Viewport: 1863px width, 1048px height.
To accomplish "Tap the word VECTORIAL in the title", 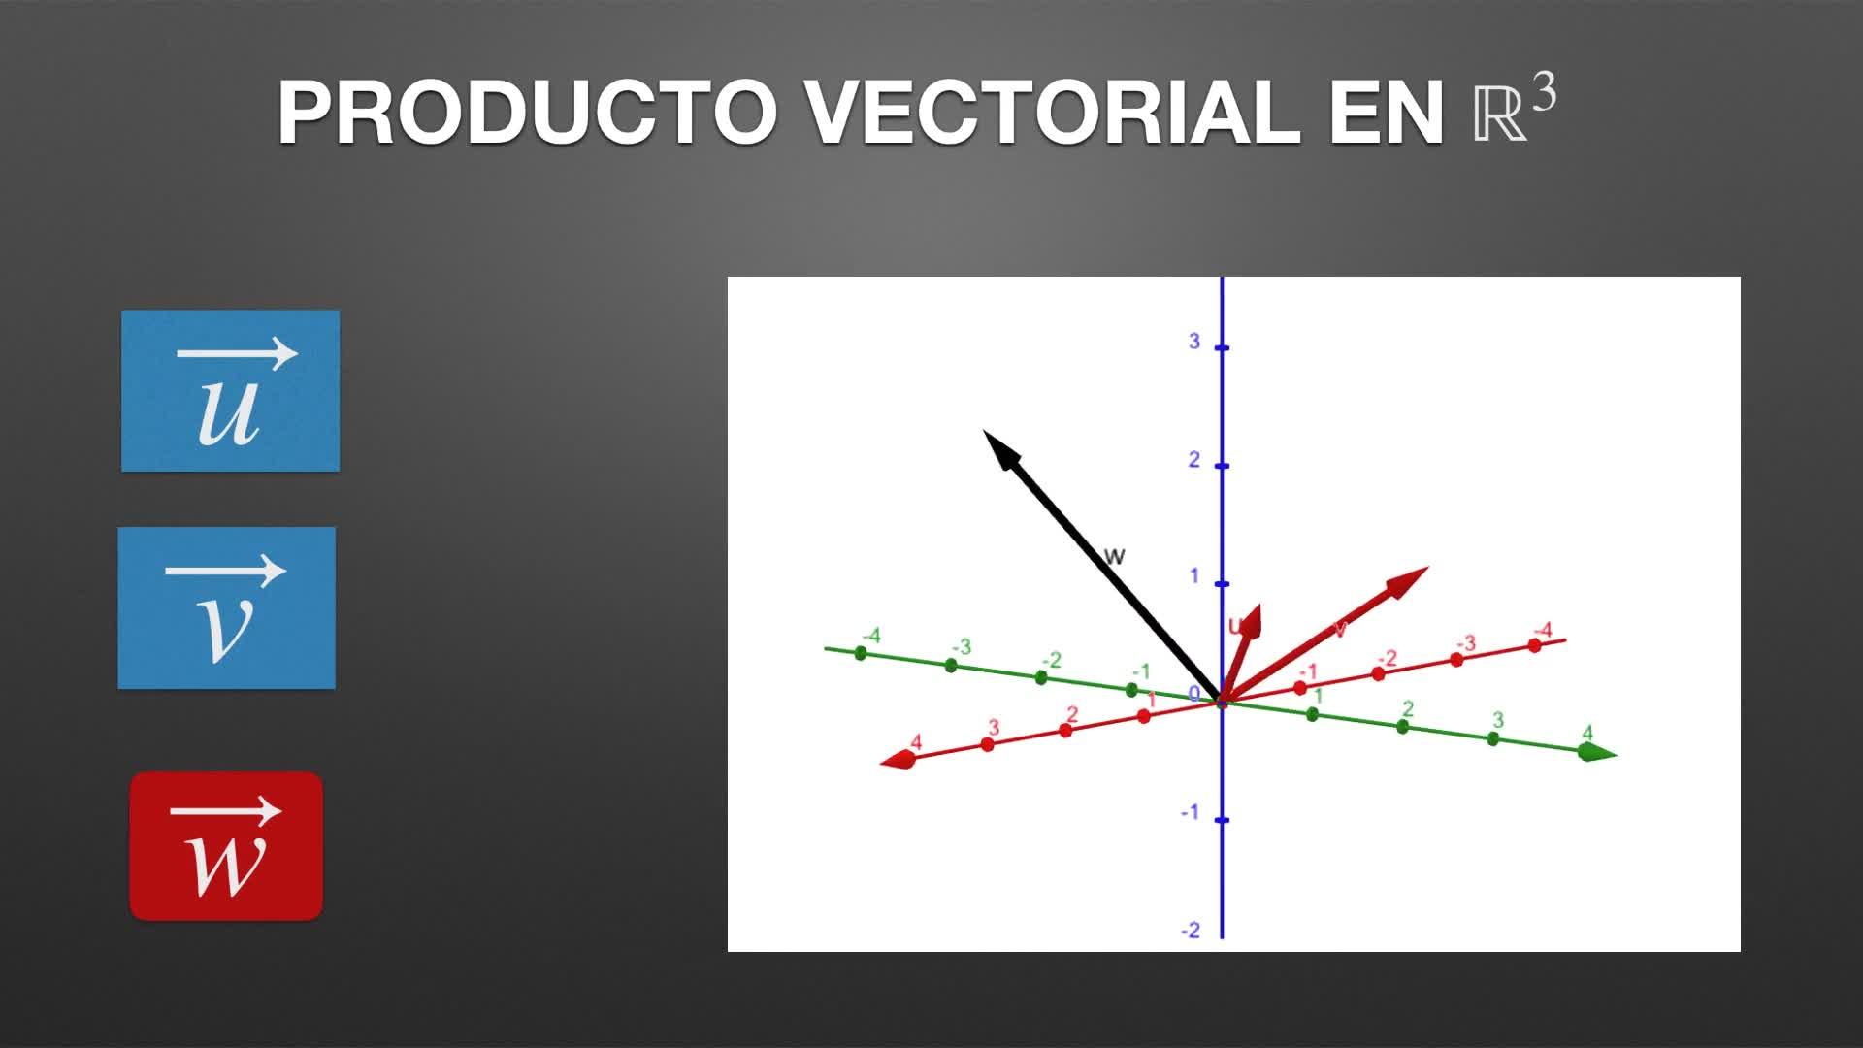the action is click(1054, 113).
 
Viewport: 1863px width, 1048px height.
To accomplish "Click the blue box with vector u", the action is click(230, 391).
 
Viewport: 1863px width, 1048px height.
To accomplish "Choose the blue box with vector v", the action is click(227, 608).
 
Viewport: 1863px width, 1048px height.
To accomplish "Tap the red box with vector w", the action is click(226, 846).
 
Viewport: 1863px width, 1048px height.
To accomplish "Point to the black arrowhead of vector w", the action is click(1001, 449).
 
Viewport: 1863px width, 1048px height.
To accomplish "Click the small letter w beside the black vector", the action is click(1115, 556).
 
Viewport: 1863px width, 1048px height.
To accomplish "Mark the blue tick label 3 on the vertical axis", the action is click(1194, 342).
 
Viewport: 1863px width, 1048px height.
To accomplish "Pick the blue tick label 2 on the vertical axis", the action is click(1194, 459).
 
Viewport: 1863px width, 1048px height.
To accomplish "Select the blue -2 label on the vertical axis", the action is click(1191, 931).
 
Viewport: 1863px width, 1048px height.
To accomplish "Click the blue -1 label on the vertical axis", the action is click(1191, 812).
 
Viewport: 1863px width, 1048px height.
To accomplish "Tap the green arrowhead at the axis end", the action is click(1597, 753).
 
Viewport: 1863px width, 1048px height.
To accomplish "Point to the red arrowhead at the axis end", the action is click(899, 761).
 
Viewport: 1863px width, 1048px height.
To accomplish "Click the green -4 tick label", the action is click(870, 636).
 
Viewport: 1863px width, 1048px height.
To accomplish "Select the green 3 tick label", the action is click(1498, 720).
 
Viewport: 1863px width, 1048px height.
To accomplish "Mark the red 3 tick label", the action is click(994, 728).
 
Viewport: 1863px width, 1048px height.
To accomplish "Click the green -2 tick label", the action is click(1051, 660).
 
